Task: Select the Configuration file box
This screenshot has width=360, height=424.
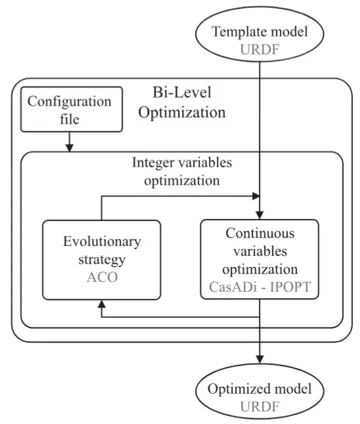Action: (72, 109)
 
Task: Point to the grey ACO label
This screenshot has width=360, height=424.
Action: (102, 277)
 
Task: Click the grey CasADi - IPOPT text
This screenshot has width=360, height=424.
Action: (259, 287)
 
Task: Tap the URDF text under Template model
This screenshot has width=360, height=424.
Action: (259, 49)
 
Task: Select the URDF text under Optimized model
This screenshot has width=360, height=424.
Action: (259, 406)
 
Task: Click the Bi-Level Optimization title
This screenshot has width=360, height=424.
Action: (182, 102)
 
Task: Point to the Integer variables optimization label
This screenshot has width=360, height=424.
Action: (182, 172)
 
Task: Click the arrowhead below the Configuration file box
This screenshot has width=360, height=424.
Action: (70, 148)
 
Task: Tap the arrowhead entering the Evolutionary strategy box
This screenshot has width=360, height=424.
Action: (102, 304)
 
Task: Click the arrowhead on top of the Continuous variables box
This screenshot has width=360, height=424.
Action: (259, 215)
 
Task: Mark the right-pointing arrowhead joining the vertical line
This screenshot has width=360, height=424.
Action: (256, 196)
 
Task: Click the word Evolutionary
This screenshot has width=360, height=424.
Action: (102, 241)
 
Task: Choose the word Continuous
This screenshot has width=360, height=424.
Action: (260, 233)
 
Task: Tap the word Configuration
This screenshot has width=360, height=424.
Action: (70, 102)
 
